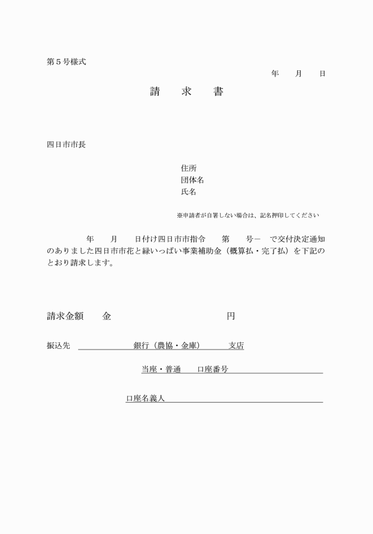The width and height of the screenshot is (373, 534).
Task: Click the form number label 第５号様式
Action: tap(66, 61)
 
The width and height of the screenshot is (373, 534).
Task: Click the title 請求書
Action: tap(186, 92)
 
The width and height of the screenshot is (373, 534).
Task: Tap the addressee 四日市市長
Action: tap(66, 144)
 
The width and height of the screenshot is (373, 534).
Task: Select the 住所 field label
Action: tap(189, 168)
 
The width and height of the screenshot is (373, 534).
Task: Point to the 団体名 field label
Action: tap(192, 180)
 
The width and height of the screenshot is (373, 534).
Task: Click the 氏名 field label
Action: tap(189, 192)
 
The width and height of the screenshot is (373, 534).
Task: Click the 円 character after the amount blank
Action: tap(231, 316)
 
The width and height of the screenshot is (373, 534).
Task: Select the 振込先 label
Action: tap(58, 346)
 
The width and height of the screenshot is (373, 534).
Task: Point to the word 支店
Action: tap(236, 346)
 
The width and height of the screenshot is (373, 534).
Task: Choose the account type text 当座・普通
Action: tap(160, 370)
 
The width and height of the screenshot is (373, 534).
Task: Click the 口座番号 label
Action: tap(213, 370)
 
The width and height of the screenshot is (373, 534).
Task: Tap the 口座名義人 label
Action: tap(145, 399)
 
